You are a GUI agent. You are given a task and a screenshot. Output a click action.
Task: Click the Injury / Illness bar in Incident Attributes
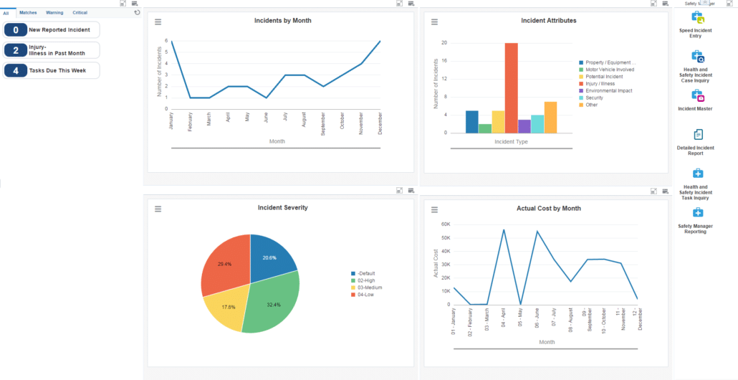(x=511, y=87)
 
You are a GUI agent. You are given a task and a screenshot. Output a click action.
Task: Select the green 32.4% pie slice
(x=271, y=301)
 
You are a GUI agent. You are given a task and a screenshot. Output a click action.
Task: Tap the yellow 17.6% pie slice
(x=224, y=306)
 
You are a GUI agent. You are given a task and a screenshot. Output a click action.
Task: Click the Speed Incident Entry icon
(x=697, y=18)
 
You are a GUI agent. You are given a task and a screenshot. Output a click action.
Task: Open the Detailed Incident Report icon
(x=699, y=135)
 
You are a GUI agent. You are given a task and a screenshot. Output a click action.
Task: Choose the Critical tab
(x=80, y=13)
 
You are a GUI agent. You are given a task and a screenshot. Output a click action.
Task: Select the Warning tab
(x=54, y=13)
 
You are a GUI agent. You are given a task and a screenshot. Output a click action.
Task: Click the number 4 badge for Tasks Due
(x=16, y=70)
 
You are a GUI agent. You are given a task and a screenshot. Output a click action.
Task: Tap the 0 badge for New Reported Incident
(x=16, y=30)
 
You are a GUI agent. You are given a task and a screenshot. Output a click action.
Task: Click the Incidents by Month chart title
(x=282, y=21)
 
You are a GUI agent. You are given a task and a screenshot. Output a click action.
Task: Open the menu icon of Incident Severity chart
(x=158, y=209)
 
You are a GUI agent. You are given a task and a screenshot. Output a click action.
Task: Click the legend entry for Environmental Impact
(x=608, y=91)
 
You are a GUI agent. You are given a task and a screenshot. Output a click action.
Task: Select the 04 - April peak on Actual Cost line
(x=504, y=230)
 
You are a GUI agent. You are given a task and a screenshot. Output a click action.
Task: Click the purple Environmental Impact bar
(x=524, y=126)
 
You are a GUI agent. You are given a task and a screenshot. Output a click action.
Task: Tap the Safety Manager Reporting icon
(x=698, y=213)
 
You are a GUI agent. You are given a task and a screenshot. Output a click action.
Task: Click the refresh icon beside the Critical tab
(x=137, y=13)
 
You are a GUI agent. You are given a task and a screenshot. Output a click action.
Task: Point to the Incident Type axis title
(x=511, y=141)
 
